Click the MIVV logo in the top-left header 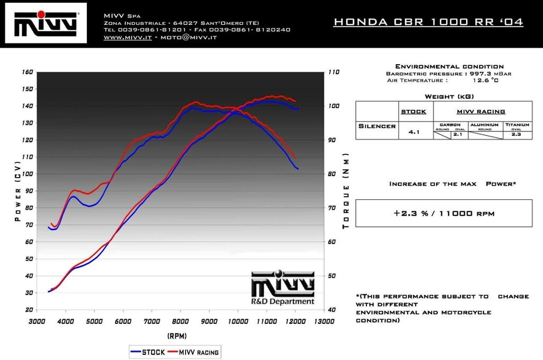click(46, 23)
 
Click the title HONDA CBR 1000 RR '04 click(428, 22)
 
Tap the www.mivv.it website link click(128, 38)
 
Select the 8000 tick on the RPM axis click(180, 321)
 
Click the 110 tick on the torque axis click(334, 72)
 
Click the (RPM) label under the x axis click(177, 336)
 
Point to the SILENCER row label click(376, 126)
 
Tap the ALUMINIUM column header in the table click(484, 124)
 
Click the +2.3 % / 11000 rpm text click(444, 214)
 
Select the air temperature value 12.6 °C click(485, 81)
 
